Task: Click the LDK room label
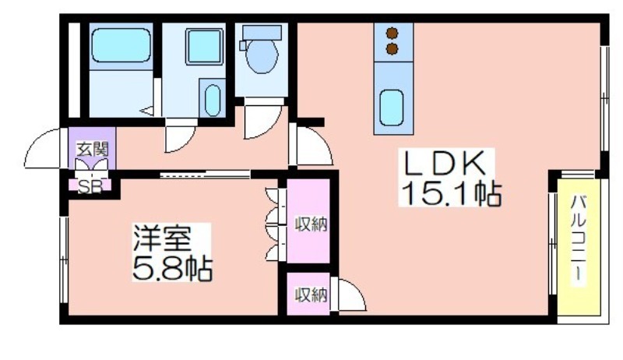[445, 164]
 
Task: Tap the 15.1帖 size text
[451, 193]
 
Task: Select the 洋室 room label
[162, 238]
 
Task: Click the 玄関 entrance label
[92, 150]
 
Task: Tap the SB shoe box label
[90, 186]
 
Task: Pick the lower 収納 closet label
[311, 295]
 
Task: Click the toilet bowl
[262, 56]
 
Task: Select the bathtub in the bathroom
[121, 45]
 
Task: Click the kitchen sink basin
[392, 108]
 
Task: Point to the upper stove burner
[392, 34]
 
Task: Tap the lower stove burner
[392, 49]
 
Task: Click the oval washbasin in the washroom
[213, 101]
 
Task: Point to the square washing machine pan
[204, 47]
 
